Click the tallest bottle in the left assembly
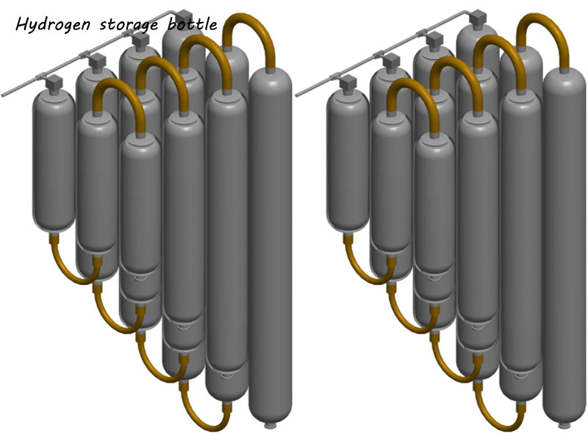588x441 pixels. click(270, 243)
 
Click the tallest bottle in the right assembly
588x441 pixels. click(564, 243)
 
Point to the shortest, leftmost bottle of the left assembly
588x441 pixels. click(54, 162)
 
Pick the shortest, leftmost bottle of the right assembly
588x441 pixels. click(348, 162)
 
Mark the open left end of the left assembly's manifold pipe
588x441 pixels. click(4, 93)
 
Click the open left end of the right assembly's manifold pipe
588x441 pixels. click(297, 93)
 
